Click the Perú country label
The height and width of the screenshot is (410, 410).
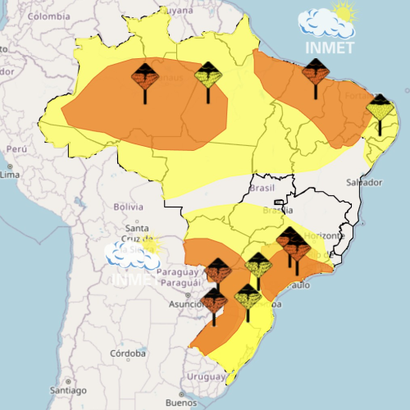pyautogui.click(x=17, y=149)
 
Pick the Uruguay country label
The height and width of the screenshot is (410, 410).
pyautogui.click(x=205, y=376)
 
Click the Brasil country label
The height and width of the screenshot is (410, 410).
pyautogui.click(x=262, y=188)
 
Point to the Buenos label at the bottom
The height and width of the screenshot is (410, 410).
pyautogui.click(x=180, y=403)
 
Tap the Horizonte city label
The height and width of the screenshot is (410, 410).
pyautogui.click(x=322, y=235)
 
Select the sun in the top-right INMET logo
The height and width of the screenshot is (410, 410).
pyautogui.click(x=345, y=13)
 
